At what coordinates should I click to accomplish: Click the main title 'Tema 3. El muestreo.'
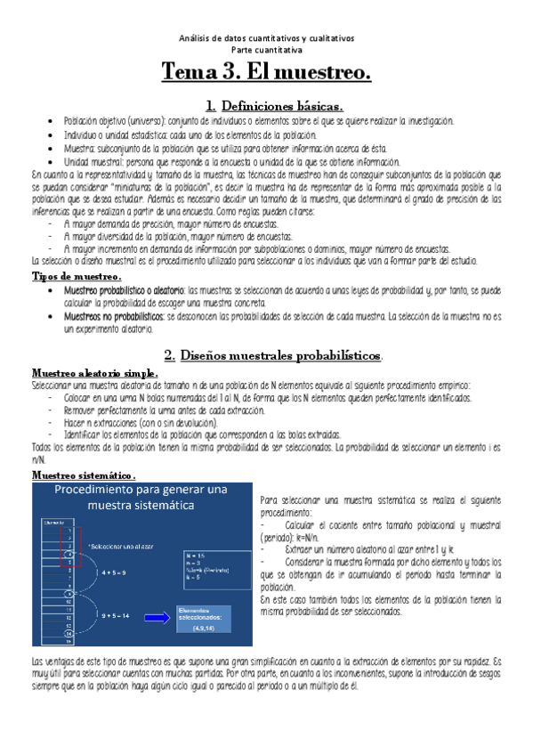click(x=266, y=71)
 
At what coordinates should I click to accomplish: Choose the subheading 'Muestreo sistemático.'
click(x=83, y=475)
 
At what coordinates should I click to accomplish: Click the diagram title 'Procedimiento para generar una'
click(x=143, y=491)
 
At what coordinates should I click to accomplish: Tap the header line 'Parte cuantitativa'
click(x=265, y=49)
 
